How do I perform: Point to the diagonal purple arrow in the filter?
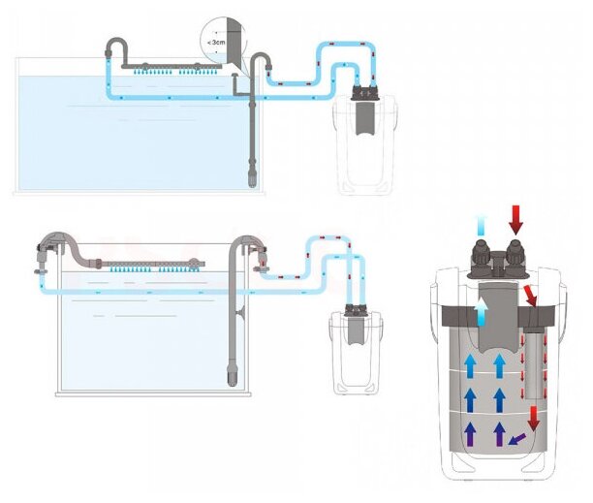point(519,441)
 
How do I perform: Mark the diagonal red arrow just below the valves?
point(531,296)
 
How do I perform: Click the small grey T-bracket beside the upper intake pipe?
point(237,89)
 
